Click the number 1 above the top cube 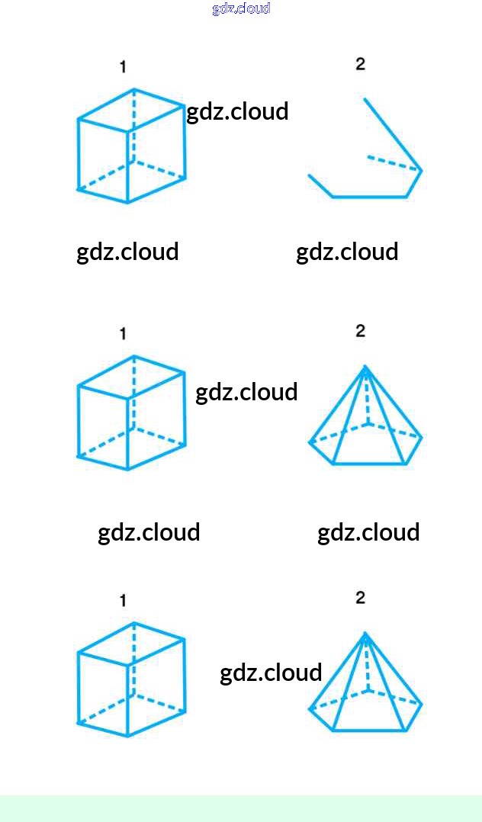click(x=123, y=67)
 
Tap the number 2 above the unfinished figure click(x=361, y=64)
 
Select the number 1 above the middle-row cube click(x=123, y=334)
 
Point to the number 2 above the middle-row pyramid click(x=361, y=331)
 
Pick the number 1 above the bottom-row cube click(x=123, y=601)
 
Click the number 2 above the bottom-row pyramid click(x=361, y=598)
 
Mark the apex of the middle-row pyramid click(x=365, y=367)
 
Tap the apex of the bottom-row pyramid click(x=365, y=634)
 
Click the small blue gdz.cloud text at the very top click(x=241, y=8)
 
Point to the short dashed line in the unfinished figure click(x=393, y=162)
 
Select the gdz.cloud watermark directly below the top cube click(x=127, y=252)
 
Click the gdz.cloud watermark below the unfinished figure click(x=347, y=252)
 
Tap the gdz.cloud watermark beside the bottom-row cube click(x=271, y=673)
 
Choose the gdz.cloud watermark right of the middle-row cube click(x=246, y=392)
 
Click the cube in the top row click(x=131, y=146)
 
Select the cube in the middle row click(x=131, y=413)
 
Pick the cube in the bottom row click(x=131, y=679)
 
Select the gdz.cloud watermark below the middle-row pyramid click(x=368, y=532)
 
